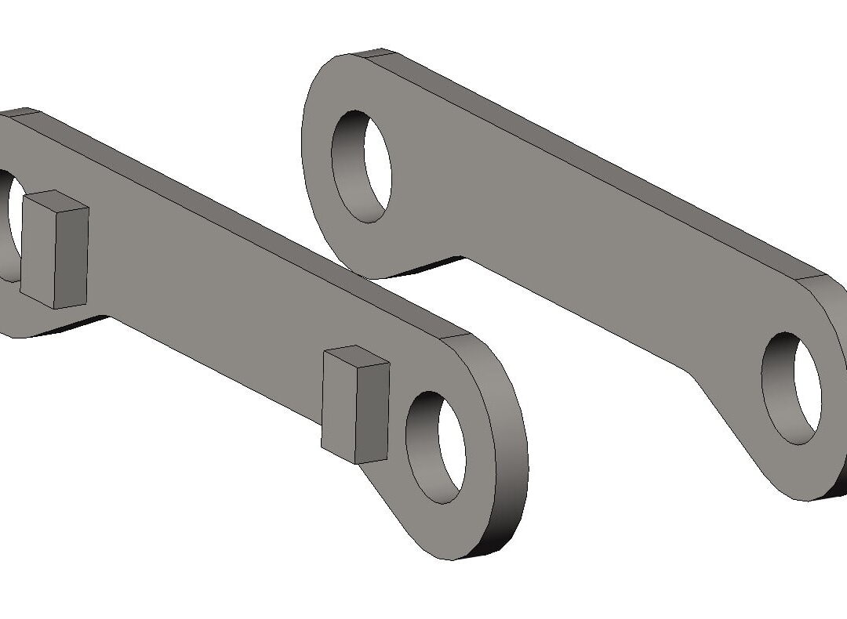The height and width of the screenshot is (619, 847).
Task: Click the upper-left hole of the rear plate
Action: coord(362,166)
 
